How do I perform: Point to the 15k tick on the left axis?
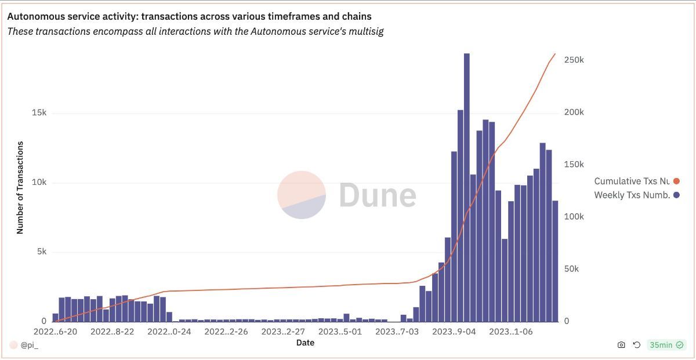click(39, 112)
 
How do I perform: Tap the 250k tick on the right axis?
click(574, 60)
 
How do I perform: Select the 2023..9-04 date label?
click(455, 332)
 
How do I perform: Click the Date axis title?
click(305, 343)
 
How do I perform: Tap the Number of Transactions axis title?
click(20, 187)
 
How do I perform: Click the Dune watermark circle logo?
click(302, 195)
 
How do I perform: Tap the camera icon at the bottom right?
click(621, 345)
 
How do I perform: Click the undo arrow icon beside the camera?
click(636, 345)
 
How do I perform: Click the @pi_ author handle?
click(29, 345)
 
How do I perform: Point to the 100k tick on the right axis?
click(574, 217)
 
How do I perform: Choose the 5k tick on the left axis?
click(41, 252)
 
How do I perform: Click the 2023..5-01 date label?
click(340, 332)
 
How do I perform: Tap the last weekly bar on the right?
click(555, 261)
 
